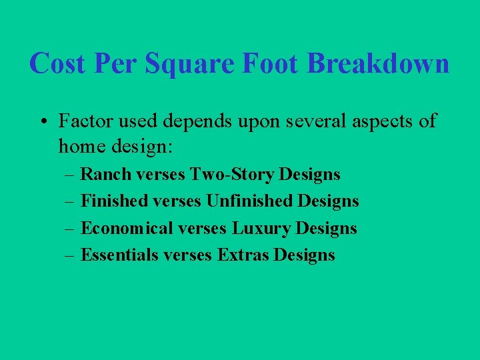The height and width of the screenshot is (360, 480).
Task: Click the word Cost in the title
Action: [x=58, y=64]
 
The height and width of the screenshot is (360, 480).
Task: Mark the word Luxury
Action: [x=261, y=229]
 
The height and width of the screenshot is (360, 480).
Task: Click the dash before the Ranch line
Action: [x=70, y=175]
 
